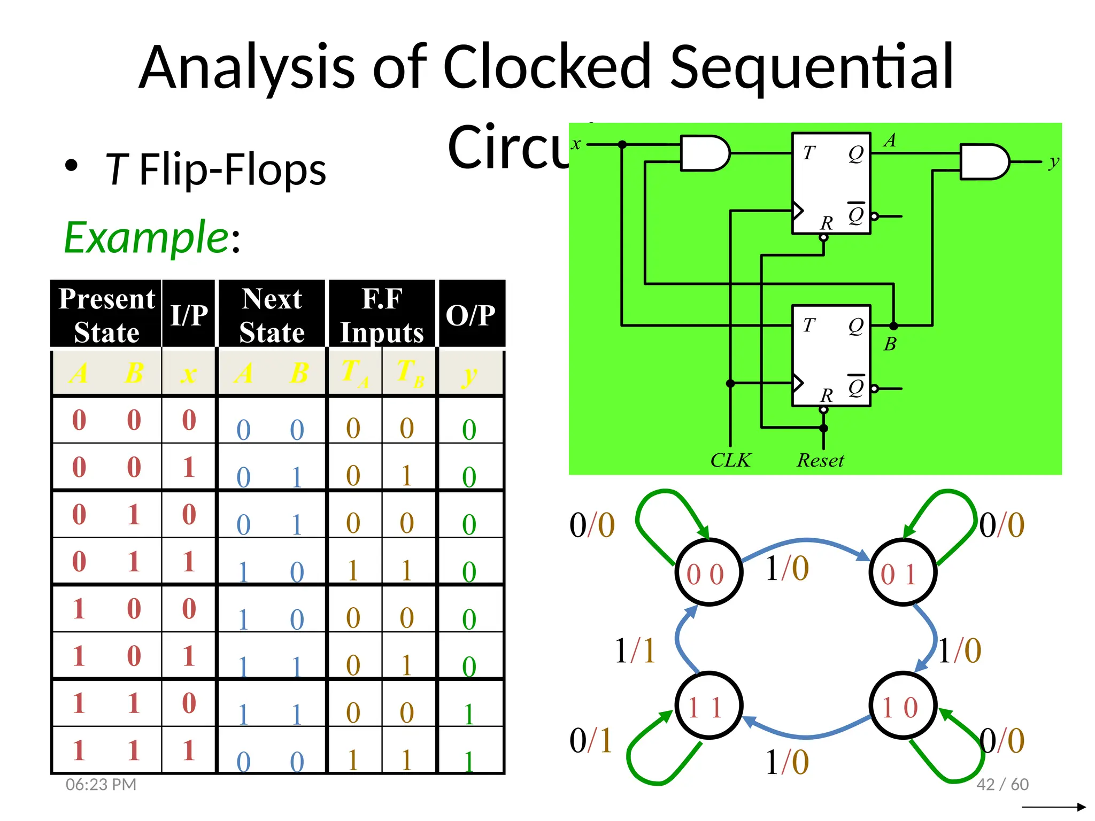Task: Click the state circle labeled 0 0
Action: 708,572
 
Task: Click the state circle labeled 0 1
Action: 902,572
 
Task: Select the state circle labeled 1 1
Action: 708,706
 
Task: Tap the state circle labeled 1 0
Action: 902,706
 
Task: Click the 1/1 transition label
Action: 635,650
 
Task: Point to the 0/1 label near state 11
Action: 590,741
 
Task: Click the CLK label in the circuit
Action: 730,460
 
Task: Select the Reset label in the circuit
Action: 820,460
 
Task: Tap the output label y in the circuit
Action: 1053,161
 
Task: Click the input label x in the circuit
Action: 576,144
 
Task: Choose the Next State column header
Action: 272,314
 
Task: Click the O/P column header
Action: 471,314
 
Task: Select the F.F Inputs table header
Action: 382,314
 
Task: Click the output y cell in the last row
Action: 469,761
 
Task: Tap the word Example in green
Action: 146,237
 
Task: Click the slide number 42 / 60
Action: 1002,784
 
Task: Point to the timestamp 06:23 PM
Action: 101,784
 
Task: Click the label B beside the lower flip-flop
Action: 890,344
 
